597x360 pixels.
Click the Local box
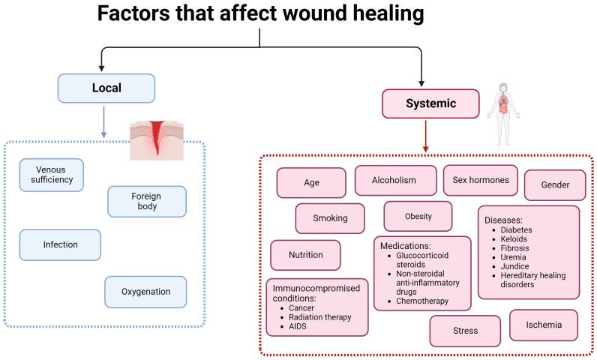(x=106, y=88)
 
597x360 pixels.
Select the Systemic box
(x=420, y=103)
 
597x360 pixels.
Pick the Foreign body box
(x=146, y=201)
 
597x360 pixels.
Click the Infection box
(x=59, y=244)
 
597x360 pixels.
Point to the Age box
(x=311, y=182)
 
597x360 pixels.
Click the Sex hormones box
(x=481, y=180)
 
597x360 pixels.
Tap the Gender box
(x=554, y=185)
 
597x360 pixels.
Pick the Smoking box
(x=330, y=218)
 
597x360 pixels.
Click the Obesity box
(x=418, y=216)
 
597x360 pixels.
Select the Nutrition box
(x=305, y=255)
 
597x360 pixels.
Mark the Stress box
(x=465, y=331)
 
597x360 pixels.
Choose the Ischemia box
(x=544, y=325)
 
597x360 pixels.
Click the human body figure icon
(x=505, y=113)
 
